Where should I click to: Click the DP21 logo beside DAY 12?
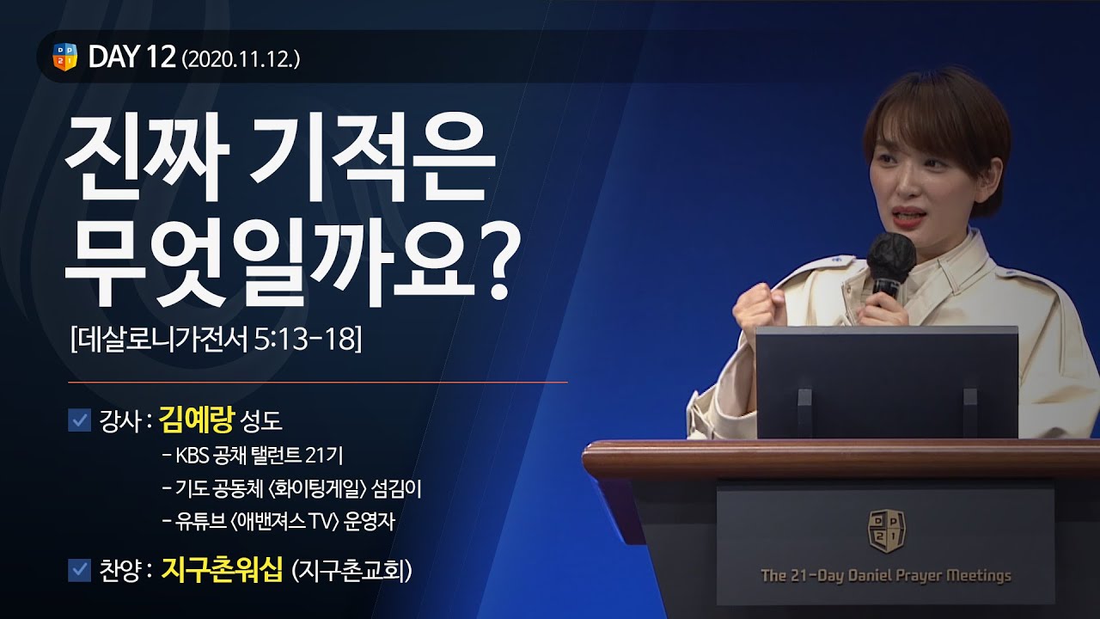click(x=64, y=57)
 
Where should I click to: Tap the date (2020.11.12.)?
click(x=241, y=58)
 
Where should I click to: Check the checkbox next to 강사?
click(x=80, y=420)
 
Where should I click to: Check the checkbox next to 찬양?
click(x=80, y=570)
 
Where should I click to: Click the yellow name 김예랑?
click(x=197, y=420)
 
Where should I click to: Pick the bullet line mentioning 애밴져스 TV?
click(x=277, y=522)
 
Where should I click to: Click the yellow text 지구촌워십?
click(x=222, y=570)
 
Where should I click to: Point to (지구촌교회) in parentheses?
click(x=351, y=571)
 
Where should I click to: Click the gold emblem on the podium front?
click(x=886, y=530)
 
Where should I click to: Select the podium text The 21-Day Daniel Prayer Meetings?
click(x=886, y=575)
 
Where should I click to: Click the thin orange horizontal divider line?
click(x=317, y=381)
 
